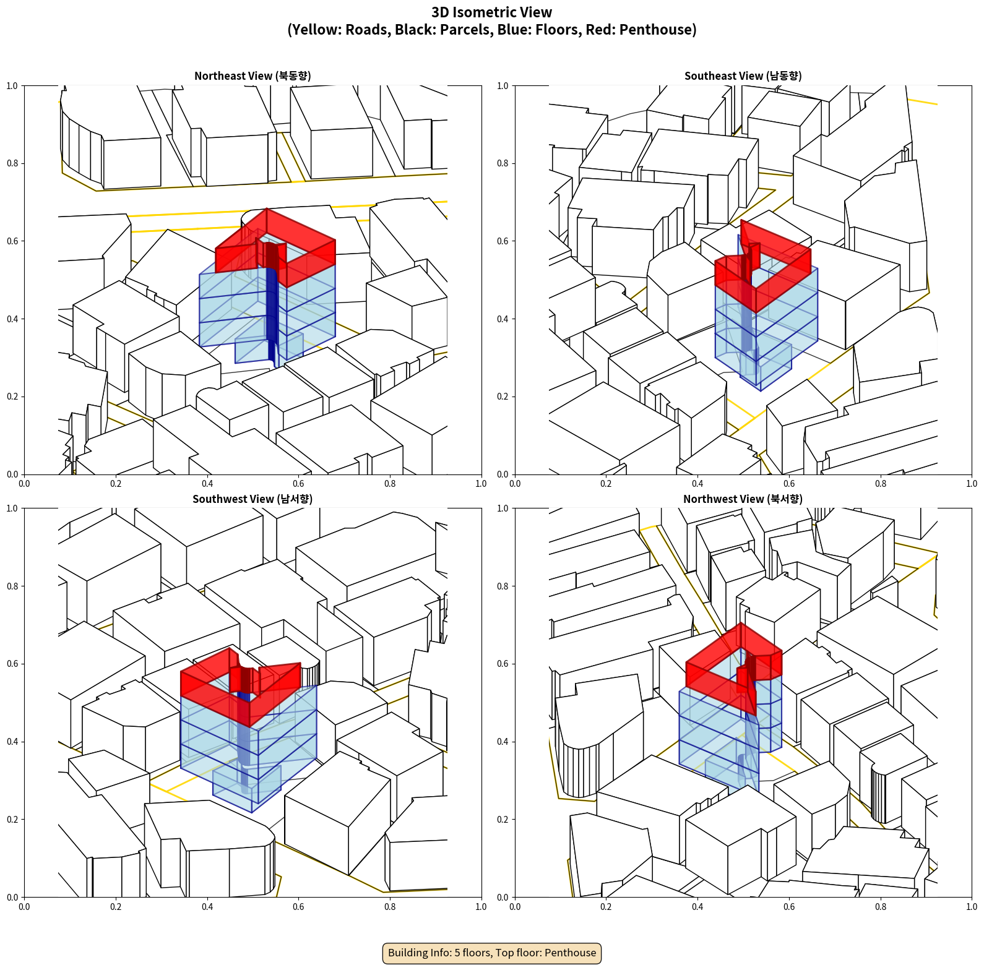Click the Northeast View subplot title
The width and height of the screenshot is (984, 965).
pos(252,76)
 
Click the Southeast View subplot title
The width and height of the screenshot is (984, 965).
pos(743,76)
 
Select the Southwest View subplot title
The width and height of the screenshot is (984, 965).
pos(252,499)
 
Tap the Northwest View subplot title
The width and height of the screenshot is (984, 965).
pos(743,499)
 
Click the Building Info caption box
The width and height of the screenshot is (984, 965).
pos(492,953)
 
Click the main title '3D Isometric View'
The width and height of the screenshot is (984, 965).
pos(492,12)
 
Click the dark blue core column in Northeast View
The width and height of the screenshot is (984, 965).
pos(272,315)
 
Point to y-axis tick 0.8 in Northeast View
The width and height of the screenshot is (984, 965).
pos(12,163)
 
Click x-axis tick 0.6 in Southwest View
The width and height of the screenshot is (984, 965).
pos(298,907)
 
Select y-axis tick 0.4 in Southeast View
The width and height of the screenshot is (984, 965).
pos(503,319)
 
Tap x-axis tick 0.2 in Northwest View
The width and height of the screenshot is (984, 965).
pos(606,907)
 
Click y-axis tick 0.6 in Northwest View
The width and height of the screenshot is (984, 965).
pos(503,664)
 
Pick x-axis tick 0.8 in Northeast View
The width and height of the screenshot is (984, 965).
pos(390,484)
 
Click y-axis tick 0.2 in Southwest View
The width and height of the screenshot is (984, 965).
pos(12,820)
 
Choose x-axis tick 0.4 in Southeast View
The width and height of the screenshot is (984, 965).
pos(697,484)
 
